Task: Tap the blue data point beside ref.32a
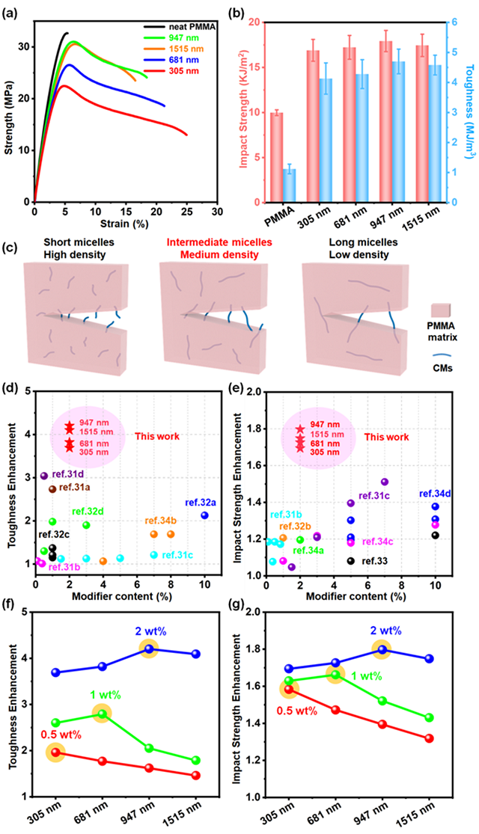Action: [x=204, y=515]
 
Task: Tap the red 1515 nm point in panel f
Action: [x=195, y=776]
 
